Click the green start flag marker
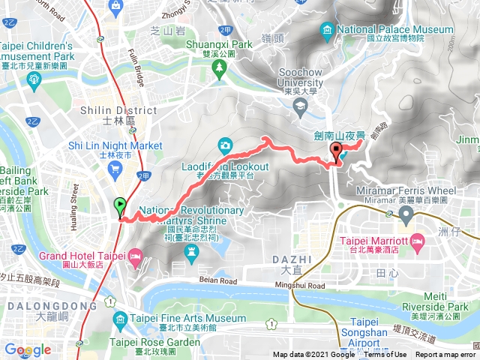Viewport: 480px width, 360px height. pyautogui.click(x=119, y=205)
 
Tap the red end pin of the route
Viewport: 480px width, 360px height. pyautogui.click(x=336, y=153)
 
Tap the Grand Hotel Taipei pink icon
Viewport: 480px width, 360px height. pyautogui.click(x=136, y=256)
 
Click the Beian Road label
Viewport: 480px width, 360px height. pyautogui.click(x=218, y=280)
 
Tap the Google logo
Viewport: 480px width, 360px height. pyautogui.click(x=27, y=350)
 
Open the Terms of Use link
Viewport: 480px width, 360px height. pyautogui.click(x=388, y=355)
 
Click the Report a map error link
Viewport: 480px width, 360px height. pyautogui.click(x=445, y=355)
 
